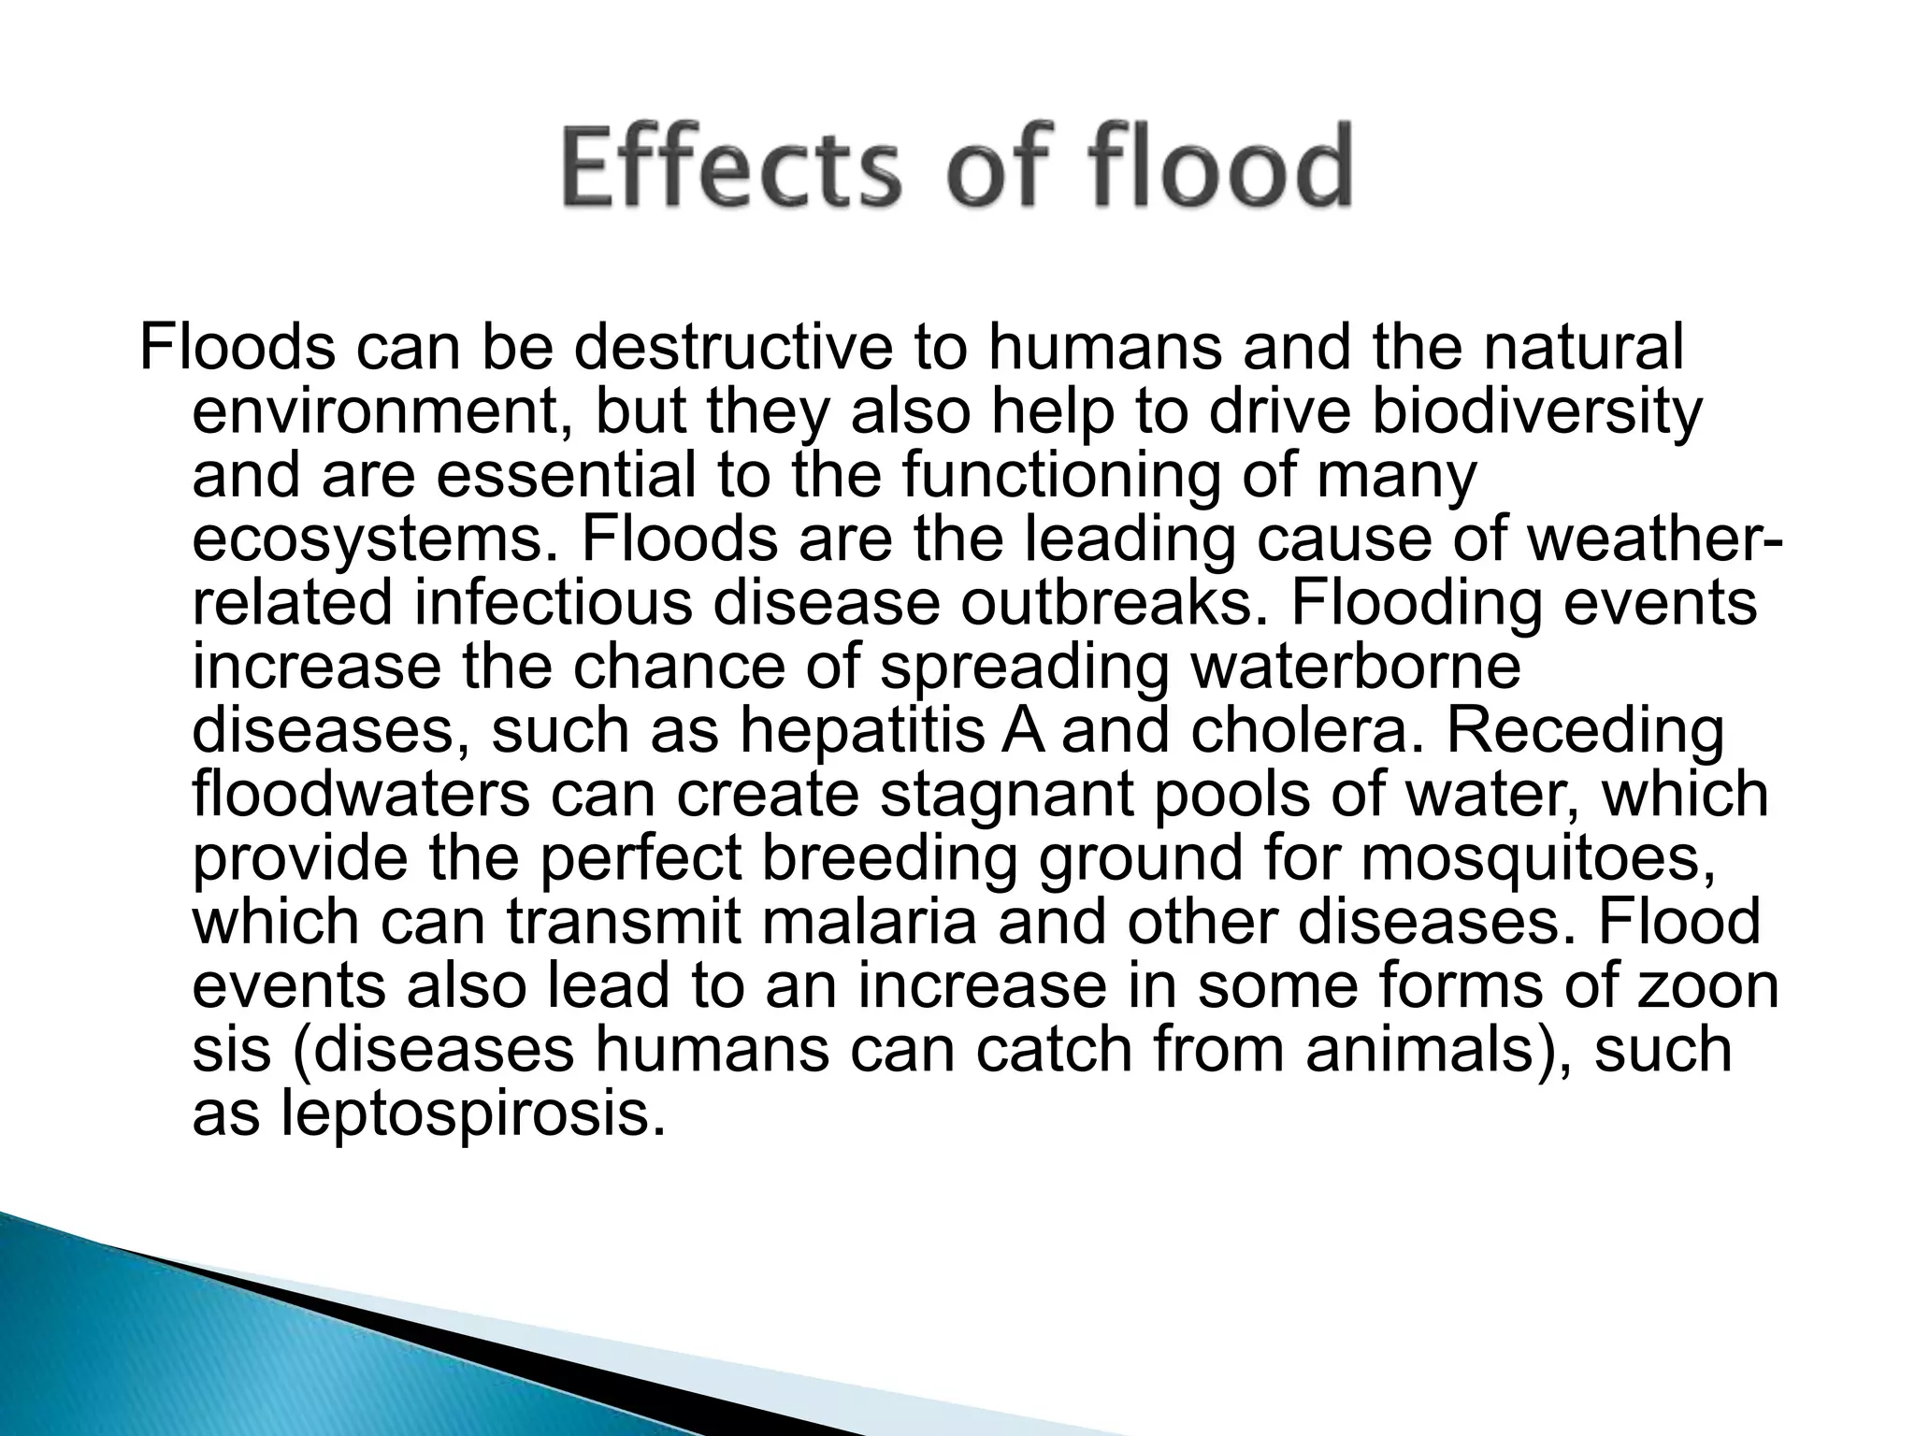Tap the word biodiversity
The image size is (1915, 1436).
[x=1535, y=411]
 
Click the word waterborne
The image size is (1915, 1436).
[x=1350, y=667]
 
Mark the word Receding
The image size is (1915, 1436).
[x=1585, y=731]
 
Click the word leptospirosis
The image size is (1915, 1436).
[x=473, y=1113]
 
